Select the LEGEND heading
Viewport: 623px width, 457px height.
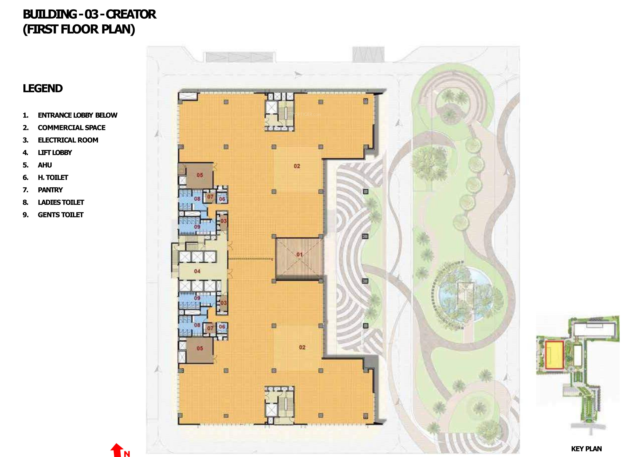pos(43,89)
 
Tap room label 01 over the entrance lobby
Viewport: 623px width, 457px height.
pos(299,254)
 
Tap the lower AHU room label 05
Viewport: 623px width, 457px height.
pos(200,348)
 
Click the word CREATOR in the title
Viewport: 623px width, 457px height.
pos(131,14)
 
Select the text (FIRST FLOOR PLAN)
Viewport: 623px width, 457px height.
pos(79,29)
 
